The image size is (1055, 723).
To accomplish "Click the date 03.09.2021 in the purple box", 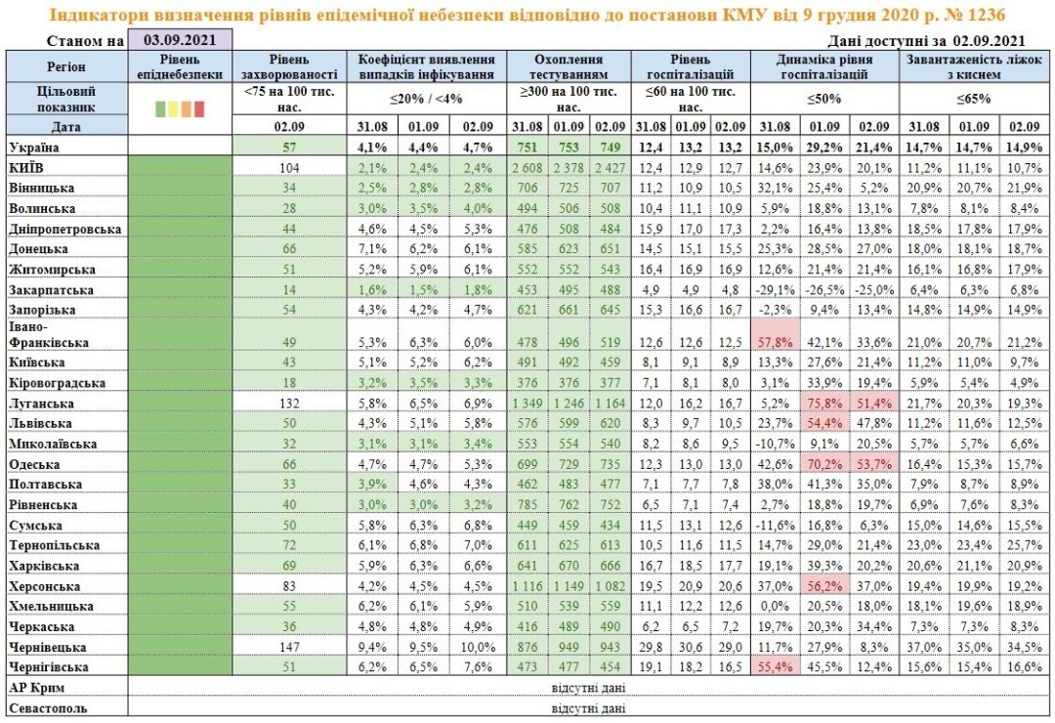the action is (180, 40).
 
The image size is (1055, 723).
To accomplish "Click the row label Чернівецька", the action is (47, 648).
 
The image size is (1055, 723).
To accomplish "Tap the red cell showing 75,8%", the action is (824, 404).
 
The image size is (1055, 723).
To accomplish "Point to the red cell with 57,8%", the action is (775, 343).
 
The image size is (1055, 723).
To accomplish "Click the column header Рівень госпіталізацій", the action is (691, 66).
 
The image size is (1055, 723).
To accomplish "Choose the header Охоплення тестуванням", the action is (569, 66).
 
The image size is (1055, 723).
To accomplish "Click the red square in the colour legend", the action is (199, 108).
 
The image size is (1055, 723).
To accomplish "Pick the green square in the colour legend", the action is (160, 108).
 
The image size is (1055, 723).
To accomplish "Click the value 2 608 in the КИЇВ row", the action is (527, 168).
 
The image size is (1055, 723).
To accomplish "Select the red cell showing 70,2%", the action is (824, 464).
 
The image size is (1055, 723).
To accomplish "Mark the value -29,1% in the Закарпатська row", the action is (775, 290).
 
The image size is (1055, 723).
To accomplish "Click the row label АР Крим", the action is (36, 688).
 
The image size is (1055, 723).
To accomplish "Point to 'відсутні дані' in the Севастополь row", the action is (588, 708).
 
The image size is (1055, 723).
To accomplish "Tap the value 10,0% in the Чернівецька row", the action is (478, 648).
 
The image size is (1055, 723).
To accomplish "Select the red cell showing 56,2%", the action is (824, 586).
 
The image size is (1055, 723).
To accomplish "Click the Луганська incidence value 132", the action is (289, 404).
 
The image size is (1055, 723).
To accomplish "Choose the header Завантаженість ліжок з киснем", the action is (974, 66).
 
